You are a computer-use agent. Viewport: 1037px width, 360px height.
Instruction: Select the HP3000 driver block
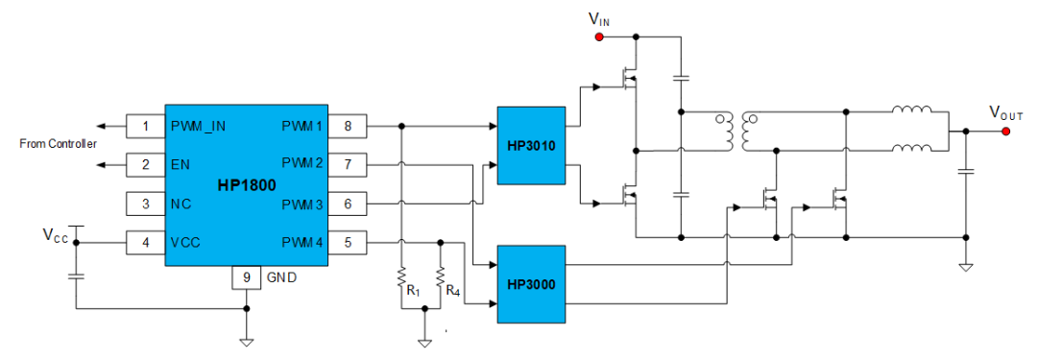pos(530,284)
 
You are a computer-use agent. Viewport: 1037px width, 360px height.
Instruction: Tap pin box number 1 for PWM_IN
pos(145,126)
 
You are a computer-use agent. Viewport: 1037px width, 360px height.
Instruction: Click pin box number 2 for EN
pos(145,164)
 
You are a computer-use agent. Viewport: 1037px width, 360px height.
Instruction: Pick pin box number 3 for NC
pos(145,204)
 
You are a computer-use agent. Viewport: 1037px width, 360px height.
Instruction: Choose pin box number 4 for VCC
pos(145,242)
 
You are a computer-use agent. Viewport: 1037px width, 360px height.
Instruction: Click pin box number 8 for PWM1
pos(347,126)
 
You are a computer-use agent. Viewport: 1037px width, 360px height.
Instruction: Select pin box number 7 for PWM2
pos(347,164)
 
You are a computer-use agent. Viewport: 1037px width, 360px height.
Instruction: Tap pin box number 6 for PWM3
pos(347,204)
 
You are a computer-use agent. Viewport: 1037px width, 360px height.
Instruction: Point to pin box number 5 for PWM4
pos(347,242)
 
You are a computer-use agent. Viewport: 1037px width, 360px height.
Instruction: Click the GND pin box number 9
pos(247,277)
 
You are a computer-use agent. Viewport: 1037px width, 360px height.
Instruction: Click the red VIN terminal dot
pos(599,37)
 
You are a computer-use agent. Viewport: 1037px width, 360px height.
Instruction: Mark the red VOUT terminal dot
pos(1005,132)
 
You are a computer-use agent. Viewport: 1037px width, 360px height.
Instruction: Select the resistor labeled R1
pos(400,280)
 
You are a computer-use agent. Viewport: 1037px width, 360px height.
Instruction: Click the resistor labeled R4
pos(440,280)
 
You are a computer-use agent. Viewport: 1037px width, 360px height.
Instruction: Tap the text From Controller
pos(59,144)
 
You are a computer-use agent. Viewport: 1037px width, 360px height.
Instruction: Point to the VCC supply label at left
pos(54,234)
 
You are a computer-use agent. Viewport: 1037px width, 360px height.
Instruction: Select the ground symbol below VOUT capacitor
pos(966,266)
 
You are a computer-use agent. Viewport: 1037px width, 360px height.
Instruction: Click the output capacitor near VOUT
pos(966,172)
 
